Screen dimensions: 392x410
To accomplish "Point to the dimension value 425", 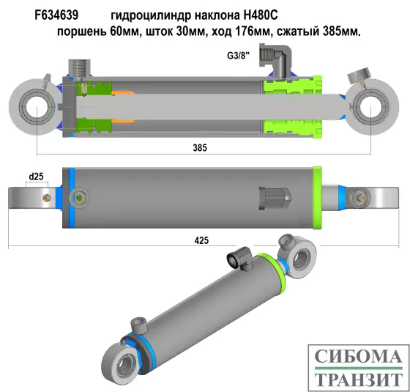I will pyautogui.click(x=201, y=239).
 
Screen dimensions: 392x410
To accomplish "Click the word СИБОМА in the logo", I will pyautogui.click(x=357, y=358).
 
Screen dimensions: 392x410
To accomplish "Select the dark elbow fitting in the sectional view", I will pyautogui.click(x=280, y=59).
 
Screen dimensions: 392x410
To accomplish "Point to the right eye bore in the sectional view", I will pyautogui.click(x=370, y=111).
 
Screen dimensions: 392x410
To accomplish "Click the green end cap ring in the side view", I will pyautogui.click(x=318, y=198).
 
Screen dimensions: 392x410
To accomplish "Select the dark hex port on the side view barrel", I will pyautogui.click(x=276, y=198).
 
